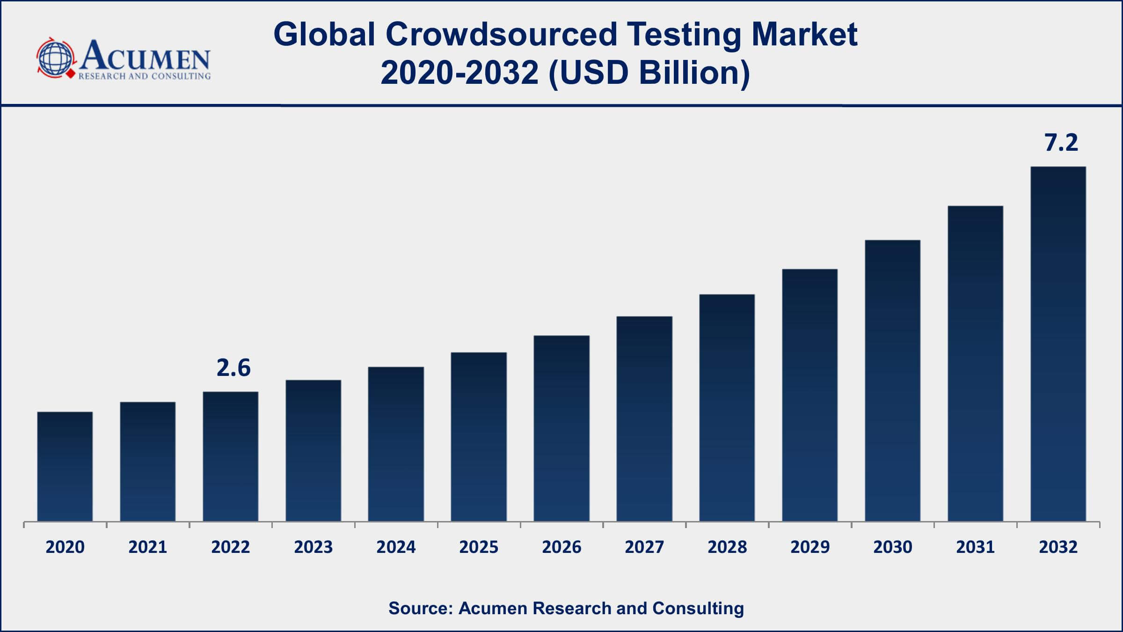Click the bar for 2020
pyautogui.click(x=65, y=466)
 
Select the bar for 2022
pyautogui.click(x=230, y=456)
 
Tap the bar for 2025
pyautogui.click(x=479, y=437)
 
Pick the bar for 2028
pyautogui.click(x=727, y=408)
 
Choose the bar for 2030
pyautogui.click(x=892, y=381)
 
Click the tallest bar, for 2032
pyautogui.click(x=1058, y=344)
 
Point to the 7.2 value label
pyautogui.click(x=1061, y=143)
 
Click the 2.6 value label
pyautogui.click(x=233, y=368)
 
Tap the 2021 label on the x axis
pyautogui.click(x=147, y=547)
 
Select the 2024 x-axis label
pyautogui.click(x=396, y=547)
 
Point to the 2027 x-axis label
pyautogui.click(x=644, y=547)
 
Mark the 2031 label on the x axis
pyautogui.click(x=975, y=547)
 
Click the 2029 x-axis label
pyautogui.click(x=809, y=547)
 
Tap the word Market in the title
pyautogui.click(x=804, y=35)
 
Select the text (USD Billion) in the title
pyautogui.click(x=649, y=73)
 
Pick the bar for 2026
pyautogui.click(x=561, y=428)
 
